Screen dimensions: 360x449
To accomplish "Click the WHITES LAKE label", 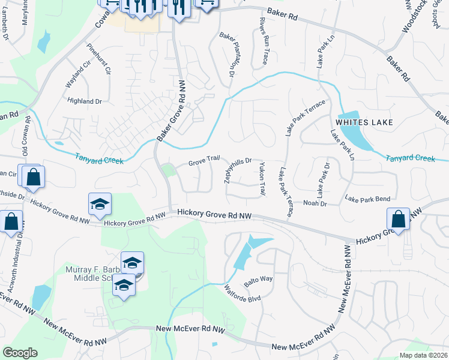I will click(x=364, y=122).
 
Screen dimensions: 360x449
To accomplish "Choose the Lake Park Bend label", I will click(x=367, y=199).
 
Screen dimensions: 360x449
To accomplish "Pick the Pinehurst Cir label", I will click(x=99, y=59).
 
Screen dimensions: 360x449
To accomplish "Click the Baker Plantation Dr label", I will click(x=229, y=56).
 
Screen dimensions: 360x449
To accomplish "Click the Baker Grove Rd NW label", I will click(x=170, y=112).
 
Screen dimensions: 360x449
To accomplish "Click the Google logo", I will click(x=20, y=353).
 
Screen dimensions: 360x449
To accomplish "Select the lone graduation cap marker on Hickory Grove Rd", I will click(x=100, y=204).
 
